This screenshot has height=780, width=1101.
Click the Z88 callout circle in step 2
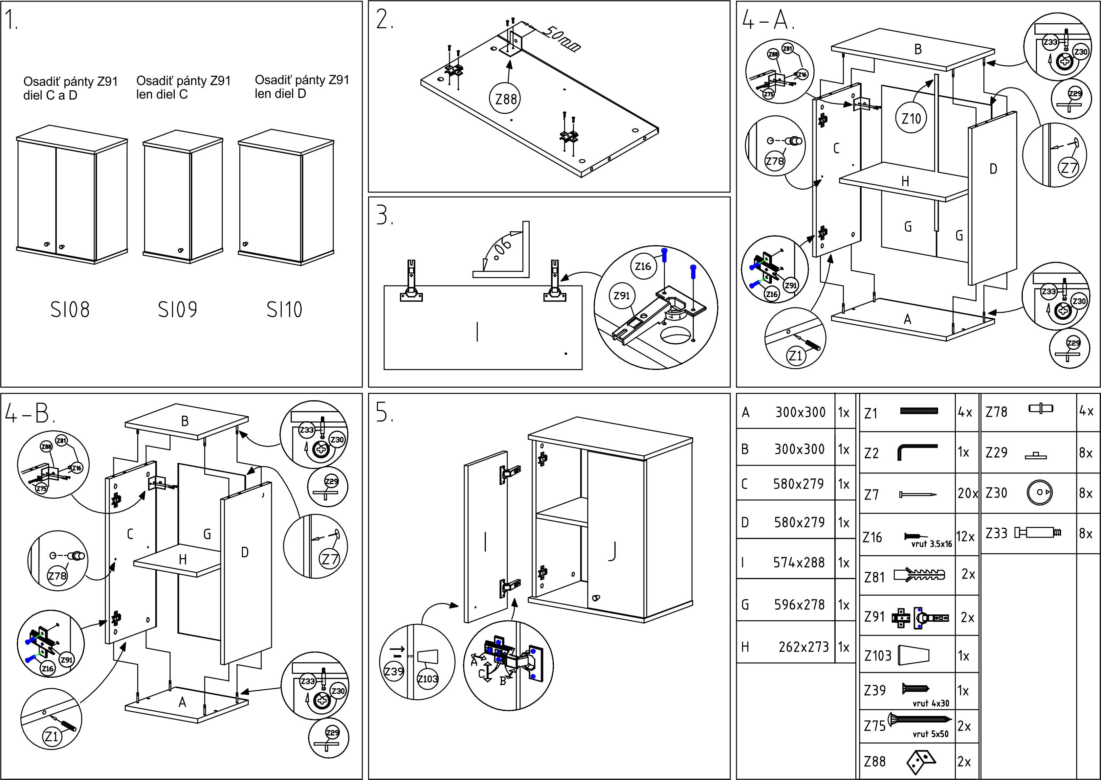[506, 99]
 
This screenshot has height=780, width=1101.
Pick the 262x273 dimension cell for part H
[804, 647]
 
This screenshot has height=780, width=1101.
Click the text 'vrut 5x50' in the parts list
[931, 734]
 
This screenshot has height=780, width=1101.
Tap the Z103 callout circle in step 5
[427, 679]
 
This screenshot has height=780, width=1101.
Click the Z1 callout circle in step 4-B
[51, 736]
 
